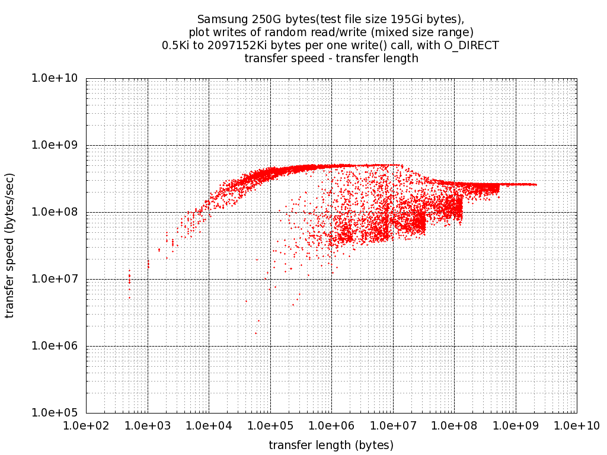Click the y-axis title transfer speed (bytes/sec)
10,245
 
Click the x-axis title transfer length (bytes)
331,445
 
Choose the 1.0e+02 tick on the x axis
87,426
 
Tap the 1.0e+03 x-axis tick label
148,426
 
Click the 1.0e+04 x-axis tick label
209,426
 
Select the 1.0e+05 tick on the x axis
270,426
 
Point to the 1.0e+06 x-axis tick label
331,426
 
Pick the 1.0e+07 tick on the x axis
393,426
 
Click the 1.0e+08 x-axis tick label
454,426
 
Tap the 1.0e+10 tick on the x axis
576,426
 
